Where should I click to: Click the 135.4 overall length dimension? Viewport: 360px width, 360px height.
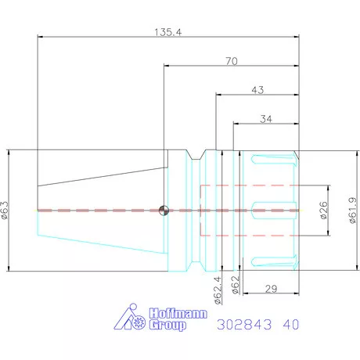pyautogui.click(x=167, y=32)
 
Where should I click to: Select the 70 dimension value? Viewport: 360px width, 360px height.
pyautogui.click(x=232, y=61)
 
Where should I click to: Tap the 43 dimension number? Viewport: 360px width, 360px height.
pyautogui.click(x=257, y=90)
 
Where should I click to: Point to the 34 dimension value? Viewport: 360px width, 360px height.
pyautogui.click(x=266, y=119)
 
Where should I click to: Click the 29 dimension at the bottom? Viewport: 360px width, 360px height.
pyautogui.click(x=271, y=289)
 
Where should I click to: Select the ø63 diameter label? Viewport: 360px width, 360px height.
pyautogui.click(x=5, y=210)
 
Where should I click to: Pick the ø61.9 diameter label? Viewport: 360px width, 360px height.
pyautogui.click(x=352, y=211)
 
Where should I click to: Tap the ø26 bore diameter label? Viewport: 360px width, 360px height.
pyautogui.click(x=323, y=211)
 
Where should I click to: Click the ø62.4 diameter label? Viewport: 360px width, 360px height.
pyautogui.click(x=218, y=290)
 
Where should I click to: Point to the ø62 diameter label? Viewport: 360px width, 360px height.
pyautogui.click(x=236, y=285)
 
